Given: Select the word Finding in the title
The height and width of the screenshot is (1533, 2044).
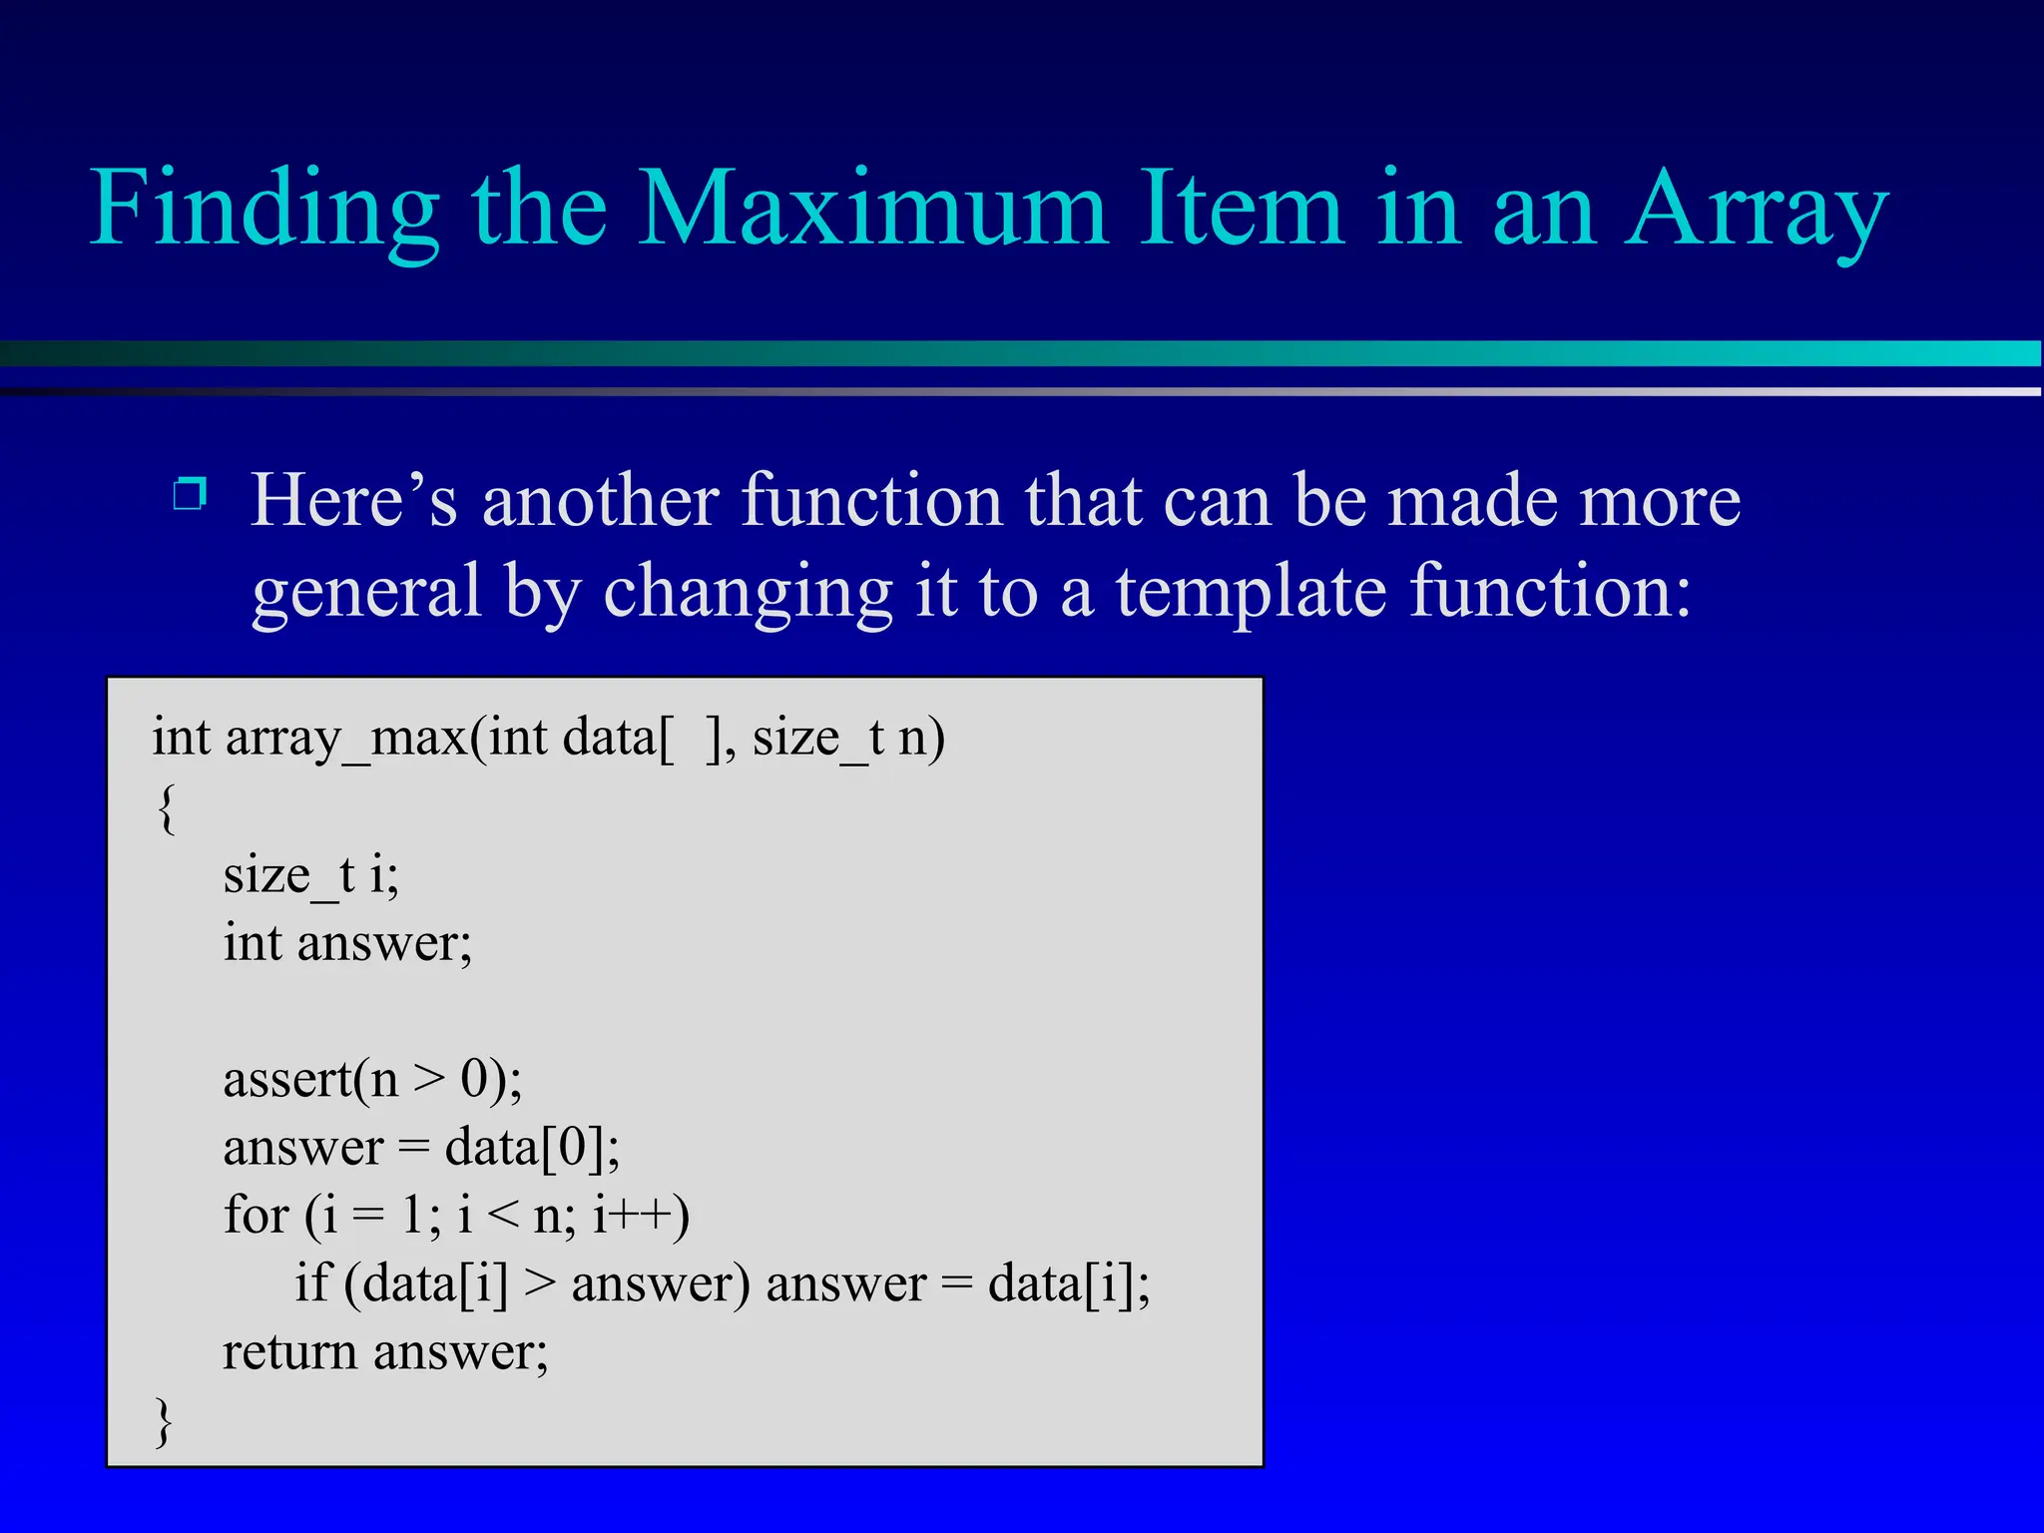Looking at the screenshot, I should (x=264, y=210).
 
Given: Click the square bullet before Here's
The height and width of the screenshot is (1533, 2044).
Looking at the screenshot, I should (x=190, y=493).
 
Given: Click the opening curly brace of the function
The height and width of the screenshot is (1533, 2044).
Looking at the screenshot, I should (x=167, y=807).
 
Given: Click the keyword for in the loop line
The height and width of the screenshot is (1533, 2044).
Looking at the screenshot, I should (x=255, y=1216).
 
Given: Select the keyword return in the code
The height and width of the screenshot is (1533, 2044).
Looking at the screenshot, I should (x=288, y=1352).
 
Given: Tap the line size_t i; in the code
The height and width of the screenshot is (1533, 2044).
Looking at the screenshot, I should (x=310, y=876).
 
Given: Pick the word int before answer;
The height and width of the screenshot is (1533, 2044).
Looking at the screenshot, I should (x=253, y=943).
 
